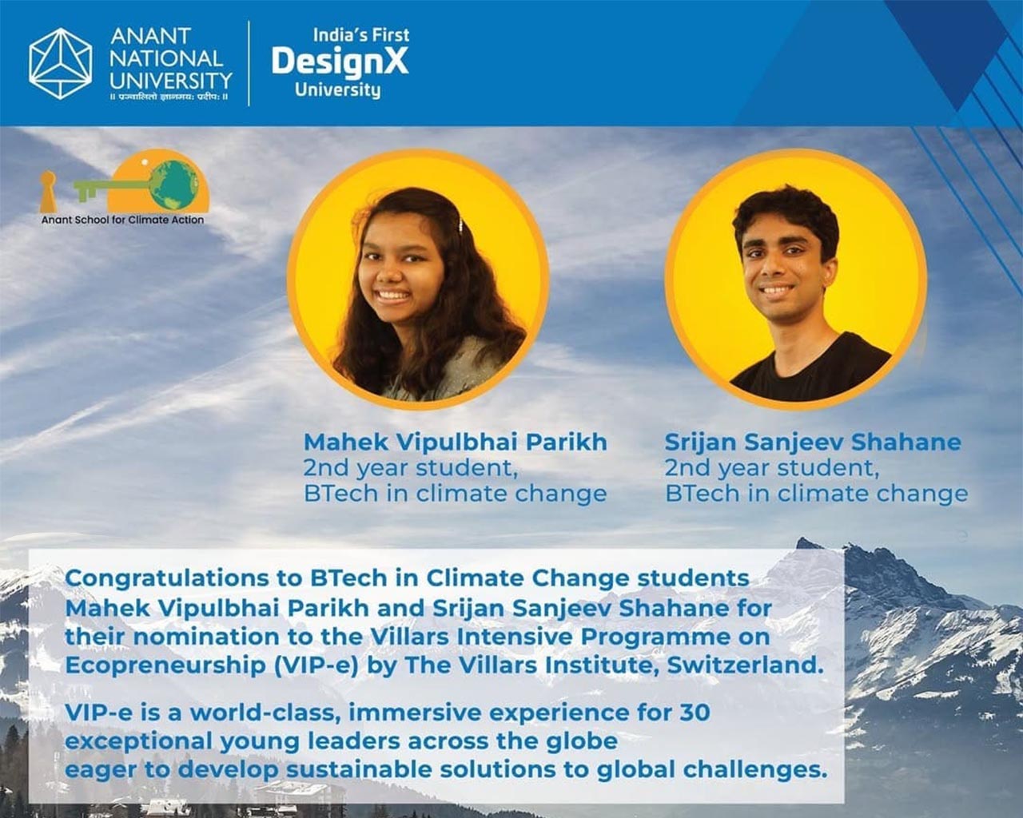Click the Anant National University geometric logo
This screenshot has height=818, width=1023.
coord(60,63)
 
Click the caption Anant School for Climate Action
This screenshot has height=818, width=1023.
coord(122,220)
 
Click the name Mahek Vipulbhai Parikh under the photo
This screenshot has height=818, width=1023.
coord(456,442)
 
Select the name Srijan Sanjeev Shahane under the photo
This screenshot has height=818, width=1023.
coord(813,442)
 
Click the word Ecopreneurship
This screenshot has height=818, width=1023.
coord(165,666)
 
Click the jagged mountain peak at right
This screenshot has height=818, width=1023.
coord(803,544)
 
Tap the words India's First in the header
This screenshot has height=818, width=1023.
coord(360,35)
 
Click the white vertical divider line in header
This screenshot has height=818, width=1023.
coord(249,63)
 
